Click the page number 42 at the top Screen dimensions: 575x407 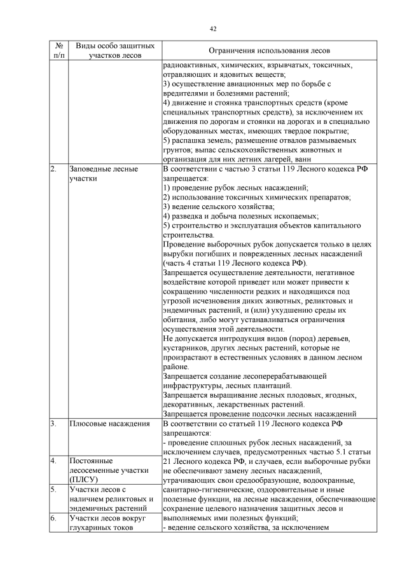click(x=213, y=29)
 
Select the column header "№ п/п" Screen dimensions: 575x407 click(x=58, y=51)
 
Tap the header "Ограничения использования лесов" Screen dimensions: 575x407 click(x=269, y=51)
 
